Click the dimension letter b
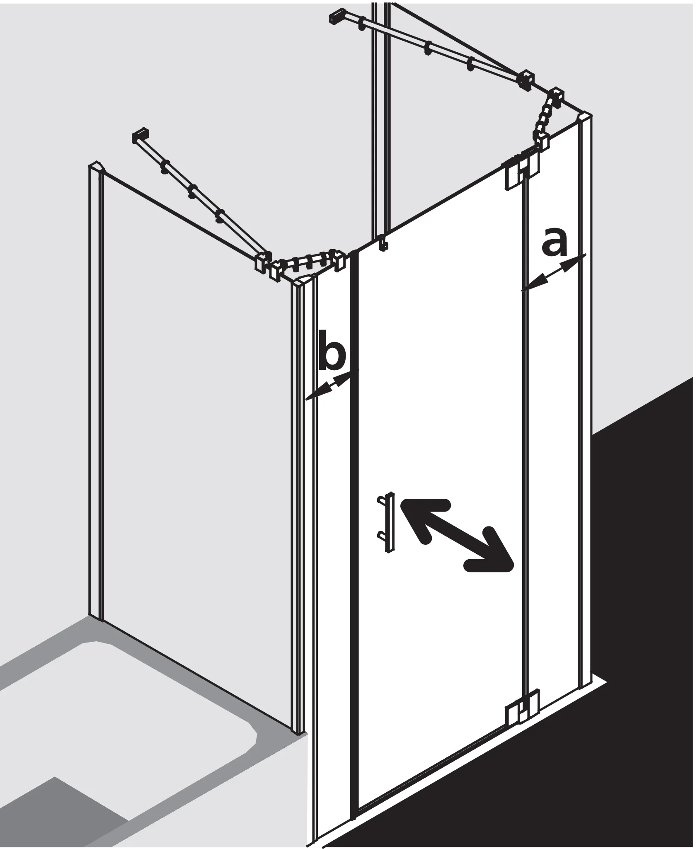332,356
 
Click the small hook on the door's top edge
385,243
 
